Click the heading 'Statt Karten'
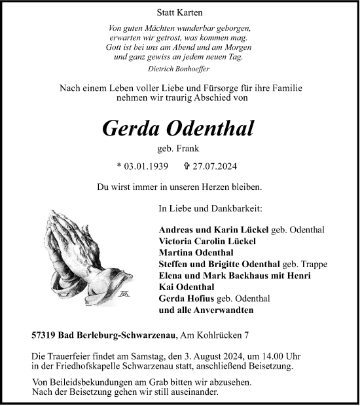point(179,13)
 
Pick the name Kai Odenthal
point(187,287)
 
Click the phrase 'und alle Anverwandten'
point(206,309)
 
